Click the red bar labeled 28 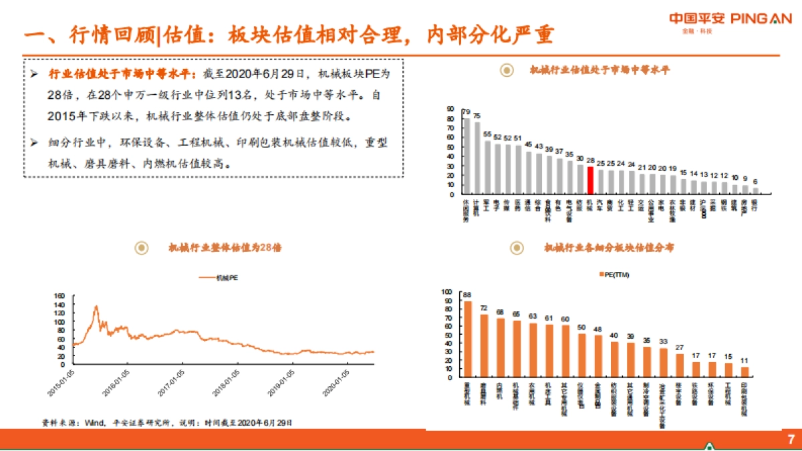[x=590, y=180]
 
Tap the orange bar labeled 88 [x=468, y=339]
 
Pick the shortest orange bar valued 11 [x=745, y=372]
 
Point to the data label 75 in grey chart [x=477, y=116]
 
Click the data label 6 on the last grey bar [x=756, y=182]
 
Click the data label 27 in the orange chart [x=680, y=347]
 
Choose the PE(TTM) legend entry [x=613, y=275]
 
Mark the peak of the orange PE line [x=96, y=307]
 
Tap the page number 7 [x=791, y=439]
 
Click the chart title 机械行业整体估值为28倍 [x=225, y=248]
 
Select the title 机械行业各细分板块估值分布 [x=609, y=248]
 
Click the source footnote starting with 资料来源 [x=167, y=422]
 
